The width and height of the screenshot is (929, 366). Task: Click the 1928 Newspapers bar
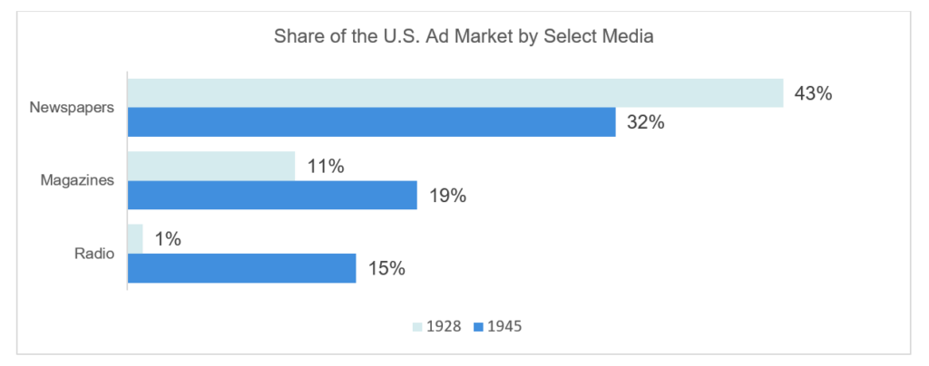[x=454, y=93]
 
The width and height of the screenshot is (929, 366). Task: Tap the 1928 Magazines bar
[x=210, y=166]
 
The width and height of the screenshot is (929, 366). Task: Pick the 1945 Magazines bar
[x=271, y=195]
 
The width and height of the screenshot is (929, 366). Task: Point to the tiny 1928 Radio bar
[x=135, y=238]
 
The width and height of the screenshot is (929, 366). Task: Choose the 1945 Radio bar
[x=241, y=267]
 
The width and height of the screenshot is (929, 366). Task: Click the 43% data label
[x=813, y=93]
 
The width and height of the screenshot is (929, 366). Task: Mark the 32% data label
[x=645, y=122]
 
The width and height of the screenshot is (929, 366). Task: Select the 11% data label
[x=325, y=166]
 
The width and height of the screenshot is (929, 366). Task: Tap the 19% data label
[x=446, y=195]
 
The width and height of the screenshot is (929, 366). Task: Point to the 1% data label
[x=170, y=239]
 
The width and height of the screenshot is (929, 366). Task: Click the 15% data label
[x=386, y=268]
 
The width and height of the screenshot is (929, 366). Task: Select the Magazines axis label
[x=77, y=179]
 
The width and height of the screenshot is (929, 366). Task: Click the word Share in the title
[x=298, y=38]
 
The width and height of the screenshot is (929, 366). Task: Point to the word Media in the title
[x=630, y=38]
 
